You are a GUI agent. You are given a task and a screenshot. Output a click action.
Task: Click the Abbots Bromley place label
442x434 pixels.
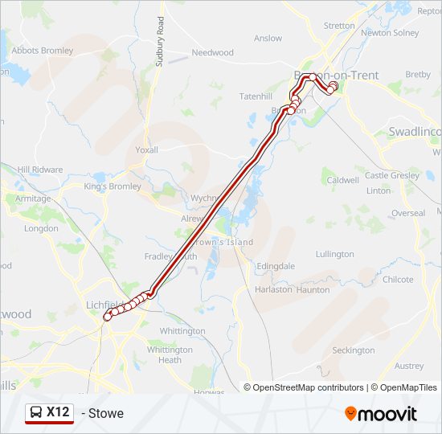click(x=42, y=50)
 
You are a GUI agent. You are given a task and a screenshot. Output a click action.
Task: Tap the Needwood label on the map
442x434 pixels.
click(x=212, y=52)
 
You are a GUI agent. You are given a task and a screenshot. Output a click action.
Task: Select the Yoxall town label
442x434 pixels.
click(x=147, y=149)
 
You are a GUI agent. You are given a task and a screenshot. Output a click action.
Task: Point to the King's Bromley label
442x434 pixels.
click(x=113, y=186)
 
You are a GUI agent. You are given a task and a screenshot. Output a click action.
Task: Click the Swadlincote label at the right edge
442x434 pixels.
click(x=415, y=131)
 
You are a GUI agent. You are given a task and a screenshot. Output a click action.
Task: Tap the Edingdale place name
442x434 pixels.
click(x=276, y=266)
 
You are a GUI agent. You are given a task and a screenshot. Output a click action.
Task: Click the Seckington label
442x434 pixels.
click(x=354, y=350)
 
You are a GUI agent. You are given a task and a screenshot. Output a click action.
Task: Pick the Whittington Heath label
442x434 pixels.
click(x=170, y=355)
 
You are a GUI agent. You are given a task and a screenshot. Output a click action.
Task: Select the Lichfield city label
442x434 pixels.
click(x=103, y=305)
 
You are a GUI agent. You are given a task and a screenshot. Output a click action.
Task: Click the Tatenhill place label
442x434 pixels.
click(x=256, y=96)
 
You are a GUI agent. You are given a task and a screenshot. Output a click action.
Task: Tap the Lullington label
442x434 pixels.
click(x=334, y=254)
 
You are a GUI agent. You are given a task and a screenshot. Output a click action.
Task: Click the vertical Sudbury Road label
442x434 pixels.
click(x=161, y=45)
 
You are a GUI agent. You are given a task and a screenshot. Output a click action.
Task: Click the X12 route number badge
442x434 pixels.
click(x=57, y=412)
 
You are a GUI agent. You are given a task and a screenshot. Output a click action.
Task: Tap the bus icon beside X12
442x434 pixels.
click(x=36, y=413)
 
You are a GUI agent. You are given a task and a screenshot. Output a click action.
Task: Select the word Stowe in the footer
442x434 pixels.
click(x=107, y=414)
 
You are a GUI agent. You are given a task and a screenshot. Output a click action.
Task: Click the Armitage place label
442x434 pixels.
click(x=33, y=199)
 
